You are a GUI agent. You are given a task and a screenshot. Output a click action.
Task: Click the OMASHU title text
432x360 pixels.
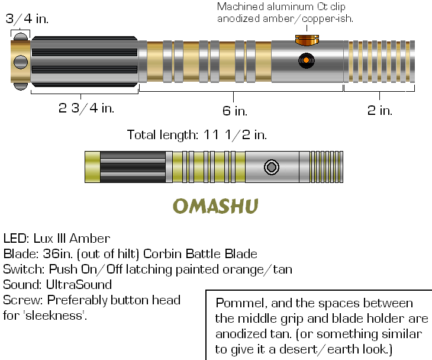pos(216,206)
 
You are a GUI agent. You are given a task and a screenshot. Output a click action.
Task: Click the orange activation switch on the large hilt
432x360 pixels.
pos(306,60)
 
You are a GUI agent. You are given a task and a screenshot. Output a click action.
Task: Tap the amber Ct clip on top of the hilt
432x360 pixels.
pos(306,40)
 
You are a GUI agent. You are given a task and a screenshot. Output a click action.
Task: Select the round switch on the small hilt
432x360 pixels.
pos(272,168)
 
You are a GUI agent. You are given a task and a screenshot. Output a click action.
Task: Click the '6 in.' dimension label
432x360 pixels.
pos(235,111)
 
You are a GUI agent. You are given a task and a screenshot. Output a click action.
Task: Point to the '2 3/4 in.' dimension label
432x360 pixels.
pos(86,108)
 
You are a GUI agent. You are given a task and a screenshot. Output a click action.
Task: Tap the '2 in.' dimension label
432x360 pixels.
pos(379,110)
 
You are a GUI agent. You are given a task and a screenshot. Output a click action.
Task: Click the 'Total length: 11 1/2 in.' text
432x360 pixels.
pos(197,135)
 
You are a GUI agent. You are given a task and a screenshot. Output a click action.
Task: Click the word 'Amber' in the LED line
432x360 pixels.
pos(89,239)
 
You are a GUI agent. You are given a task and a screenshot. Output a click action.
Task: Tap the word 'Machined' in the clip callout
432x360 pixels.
pos(240,7)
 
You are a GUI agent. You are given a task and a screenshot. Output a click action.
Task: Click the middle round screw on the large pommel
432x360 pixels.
pos(21,62)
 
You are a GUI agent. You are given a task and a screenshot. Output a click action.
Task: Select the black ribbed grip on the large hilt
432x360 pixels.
pos(85,61)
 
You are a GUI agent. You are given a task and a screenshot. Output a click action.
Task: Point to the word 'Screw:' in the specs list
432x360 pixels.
pos(22,299)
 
